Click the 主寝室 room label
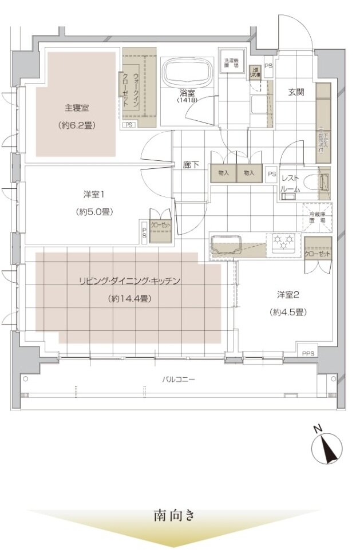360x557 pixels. click(x=76, y=107)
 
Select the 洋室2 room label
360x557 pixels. click(x=288, y=295)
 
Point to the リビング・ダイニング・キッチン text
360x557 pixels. click(x=130, y=281)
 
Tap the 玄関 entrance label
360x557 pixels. click(x=295, y=92)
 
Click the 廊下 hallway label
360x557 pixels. click(x=191, y=165)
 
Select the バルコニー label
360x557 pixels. click(x=178, y=379)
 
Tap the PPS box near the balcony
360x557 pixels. click(x=308, y=353)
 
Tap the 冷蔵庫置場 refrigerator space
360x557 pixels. click(x=317, y=216)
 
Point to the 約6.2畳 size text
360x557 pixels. click(x=76, y=124)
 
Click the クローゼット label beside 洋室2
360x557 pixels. click(x=317, y=253)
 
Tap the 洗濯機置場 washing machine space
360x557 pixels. click(x=231, y=64)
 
